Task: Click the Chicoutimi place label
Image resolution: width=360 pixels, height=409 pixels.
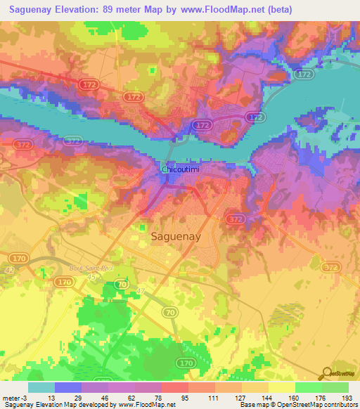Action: point(182,169)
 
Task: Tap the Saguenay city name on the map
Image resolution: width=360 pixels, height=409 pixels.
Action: point(176,237)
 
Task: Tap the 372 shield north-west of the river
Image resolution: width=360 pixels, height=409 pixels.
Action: point(72,141)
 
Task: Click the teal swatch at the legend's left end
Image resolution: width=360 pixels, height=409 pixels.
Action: point(41,387)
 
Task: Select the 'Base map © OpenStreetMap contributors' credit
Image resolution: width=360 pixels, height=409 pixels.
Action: point(297,405)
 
